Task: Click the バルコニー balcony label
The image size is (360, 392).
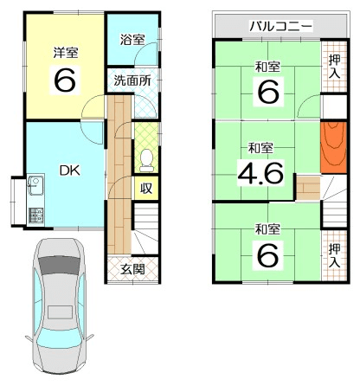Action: (x=280, y=26)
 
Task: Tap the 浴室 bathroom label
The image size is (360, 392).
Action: (x=132, y=40)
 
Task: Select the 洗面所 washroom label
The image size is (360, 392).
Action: (x=132, y=80)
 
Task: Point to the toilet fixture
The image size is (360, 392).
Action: (x=147, y=160)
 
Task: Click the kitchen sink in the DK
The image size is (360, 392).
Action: (x=35, y=185)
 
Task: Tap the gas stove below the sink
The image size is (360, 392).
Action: (x=35, y=215)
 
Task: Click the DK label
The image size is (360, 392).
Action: (x=69, y=170)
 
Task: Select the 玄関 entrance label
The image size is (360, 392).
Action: (x=132, y=269)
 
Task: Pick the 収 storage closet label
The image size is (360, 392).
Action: (x=146, y=188)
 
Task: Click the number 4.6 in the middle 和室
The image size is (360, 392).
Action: (x=260, y=173)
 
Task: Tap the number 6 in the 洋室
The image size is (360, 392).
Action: (x=65, y=80)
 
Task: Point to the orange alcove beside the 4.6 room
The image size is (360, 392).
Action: (x=333, y=148)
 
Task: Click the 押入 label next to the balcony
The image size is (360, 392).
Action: (x=335, y=67)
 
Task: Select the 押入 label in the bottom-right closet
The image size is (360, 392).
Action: (x=335, y=256)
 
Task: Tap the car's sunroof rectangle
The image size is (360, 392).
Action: (x=60, y=312)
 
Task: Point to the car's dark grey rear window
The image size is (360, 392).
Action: (x=59, y=265)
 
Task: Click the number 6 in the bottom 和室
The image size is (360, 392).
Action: (x=268, y=254)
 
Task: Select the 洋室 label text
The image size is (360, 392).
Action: (x=66, y=53)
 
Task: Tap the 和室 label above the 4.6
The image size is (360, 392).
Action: (x=260, y=148)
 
